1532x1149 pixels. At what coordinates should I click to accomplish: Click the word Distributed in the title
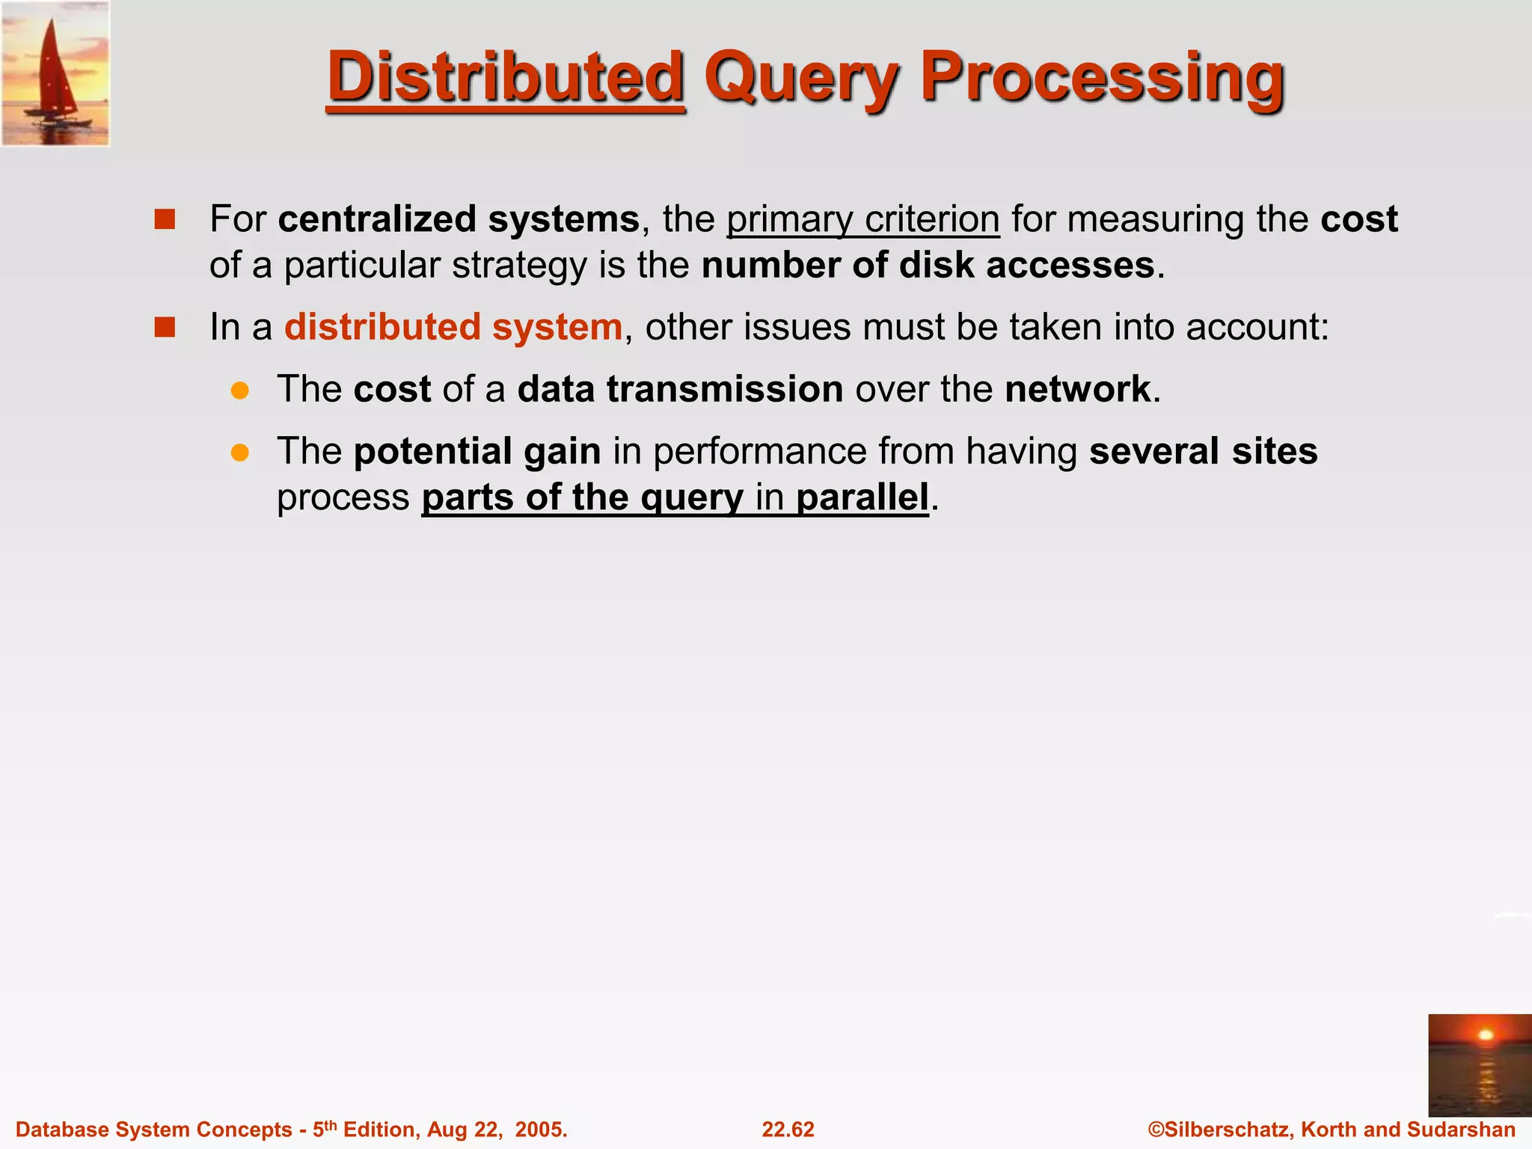point(506,76)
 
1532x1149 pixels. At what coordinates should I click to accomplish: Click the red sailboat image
point(55,73)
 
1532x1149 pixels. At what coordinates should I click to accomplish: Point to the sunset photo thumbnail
point(1479,1064)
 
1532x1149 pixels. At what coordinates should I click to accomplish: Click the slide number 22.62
point(788,1130)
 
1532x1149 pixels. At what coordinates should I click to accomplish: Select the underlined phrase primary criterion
point(862,219)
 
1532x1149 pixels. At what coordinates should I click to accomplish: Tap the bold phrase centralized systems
point(459,219)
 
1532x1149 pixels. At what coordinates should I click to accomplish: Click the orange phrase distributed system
point(453,327)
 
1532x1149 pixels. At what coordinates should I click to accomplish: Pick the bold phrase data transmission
point(680,389)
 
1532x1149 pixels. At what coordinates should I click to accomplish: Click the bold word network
point(1077,389)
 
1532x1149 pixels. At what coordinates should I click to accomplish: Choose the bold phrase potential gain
point(477,451)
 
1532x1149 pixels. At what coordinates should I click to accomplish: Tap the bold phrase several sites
point(1203,451)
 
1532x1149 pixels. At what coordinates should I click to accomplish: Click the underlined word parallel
point(862,497)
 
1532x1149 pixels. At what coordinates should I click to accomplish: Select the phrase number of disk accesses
point(928,266)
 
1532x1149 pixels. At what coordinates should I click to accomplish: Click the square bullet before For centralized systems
point(165,219)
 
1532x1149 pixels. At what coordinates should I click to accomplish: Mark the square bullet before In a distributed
point(165,328)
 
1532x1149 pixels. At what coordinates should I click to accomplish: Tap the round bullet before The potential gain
point(239,452)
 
